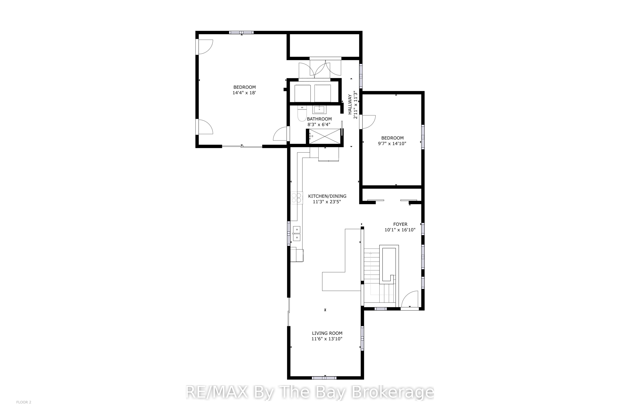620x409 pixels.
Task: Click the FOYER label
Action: click(400, 224)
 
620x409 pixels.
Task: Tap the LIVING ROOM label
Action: click(327, 333)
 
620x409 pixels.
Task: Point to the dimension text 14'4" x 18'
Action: click(244, 93)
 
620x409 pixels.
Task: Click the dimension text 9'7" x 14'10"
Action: click(392, 143)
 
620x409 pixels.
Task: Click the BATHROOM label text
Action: click(319, 119)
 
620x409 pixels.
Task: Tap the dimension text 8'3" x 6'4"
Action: click(319, 125)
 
